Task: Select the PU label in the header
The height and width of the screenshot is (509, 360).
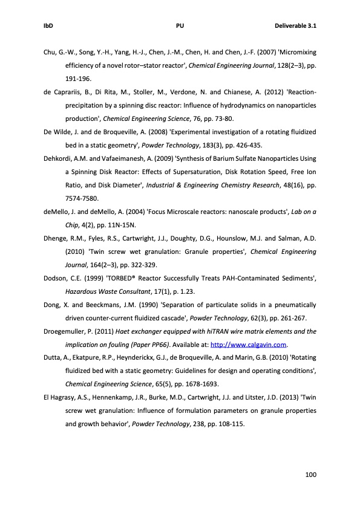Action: [x=180, y=26]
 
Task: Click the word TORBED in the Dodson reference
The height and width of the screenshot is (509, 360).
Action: [x=120, y=279]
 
